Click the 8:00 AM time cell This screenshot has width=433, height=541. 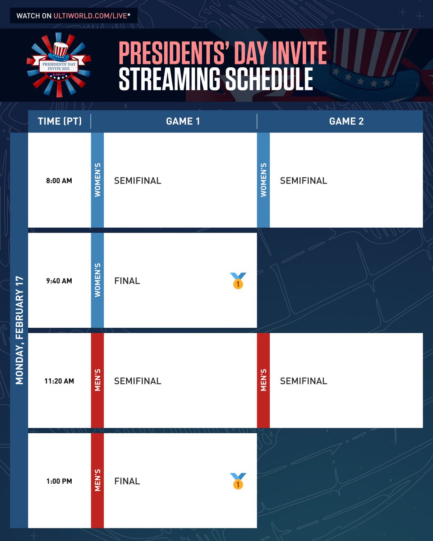[59, 181]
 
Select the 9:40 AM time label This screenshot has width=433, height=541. [59, 281]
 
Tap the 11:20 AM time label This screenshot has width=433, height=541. [59, 381]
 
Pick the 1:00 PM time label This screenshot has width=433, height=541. [59, 481]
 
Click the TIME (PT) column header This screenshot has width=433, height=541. [60, 121]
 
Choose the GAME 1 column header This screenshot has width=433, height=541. [183, 121]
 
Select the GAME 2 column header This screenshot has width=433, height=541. [346, 121]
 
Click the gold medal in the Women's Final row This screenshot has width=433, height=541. [238, 280]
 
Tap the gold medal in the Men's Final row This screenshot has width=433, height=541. [238, 481]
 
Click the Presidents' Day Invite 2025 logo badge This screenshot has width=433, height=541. [59, 64]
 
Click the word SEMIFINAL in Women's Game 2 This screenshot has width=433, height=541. [304, 181]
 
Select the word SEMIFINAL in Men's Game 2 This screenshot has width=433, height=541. [304, 381]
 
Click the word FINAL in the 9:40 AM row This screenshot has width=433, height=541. [127, 281]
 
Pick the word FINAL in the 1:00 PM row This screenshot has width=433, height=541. [127, 481]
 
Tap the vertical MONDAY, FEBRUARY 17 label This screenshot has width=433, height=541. [19, 330]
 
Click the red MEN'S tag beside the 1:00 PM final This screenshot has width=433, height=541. [97, 481]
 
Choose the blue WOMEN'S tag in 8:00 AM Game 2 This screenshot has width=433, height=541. [263, 180]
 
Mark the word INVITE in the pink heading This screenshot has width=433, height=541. [294, 53]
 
